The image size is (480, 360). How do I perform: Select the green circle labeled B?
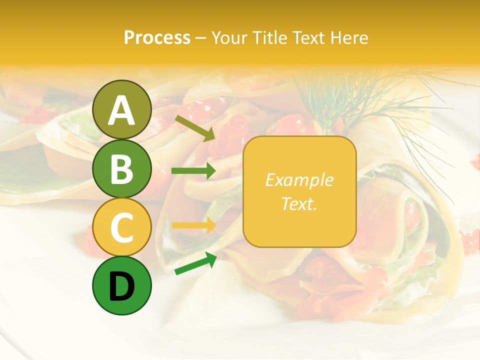pyautogui.click(x=121, y=168)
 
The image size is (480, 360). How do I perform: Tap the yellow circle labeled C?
pyautogui.click(x=121, y=227)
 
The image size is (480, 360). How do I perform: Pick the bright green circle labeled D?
pyautogui.click(x=121, y=286)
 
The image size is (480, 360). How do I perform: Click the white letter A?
pyautogui.click(x=121, y=110)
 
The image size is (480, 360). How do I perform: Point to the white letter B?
pyautogui.click(x=121, y=169)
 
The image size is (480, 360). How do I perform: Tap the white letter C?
pyautogui.click(x=121, y=228)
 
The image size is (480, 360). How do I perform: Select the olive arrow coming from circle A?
pyautogui.click(x=195, y=127)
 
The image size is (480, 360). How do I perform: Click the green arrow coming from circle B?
pyautogui.click(x=193, y=171)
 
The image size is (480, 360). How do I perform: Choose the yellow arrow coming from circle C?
pyautogui.click(x=193, y=225)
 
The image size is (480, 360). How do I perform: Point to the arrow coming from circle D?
pyautogui.click(x=195, y=263)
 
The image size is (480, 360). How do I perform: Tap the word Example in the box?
pyautogui.click(x=299, y=180)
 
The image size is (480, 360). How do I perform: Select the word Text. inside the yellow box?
pyautogui.click(x=299, y=203)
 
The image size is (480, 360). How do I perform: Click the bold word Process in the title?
pyautogui.click(x=157, y=37)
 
